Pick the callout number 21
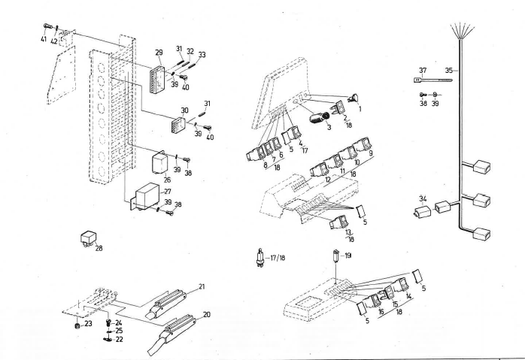pyautogui.click(x=202, y=287)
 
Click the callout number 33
pyautogui.click(x=201, y=55)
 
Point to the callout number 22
pyautogui.click(x=119, y=339)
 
